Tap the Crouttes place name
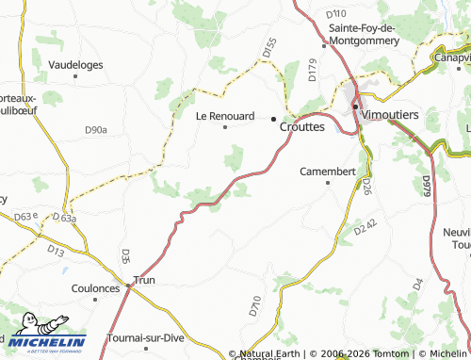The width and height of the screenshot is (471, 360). tap(302, 125)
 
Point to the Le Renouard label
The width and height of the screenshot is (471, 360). tap(224, 116)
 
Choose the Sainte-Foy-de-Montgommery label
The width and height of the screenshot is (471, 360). tap(374, 35)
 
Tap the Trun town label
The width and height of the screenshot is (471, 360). tap(144, 280)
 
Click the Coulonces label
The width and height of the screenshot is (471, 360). tap(96, 288)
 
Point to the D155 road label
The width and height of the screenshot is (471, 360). tap(269, 48)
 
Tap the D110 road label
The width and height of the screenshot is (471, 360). tap(336, 14)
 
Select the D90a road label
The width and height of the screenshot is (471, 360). tap(96, 129)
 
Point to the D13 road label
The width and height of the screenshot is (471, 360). tap(56, 251)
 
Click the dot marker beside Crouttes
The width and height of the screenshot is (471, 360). tap(274, 119)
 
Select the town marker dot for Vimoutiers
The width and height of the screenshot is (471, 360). tap(355, 106)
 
